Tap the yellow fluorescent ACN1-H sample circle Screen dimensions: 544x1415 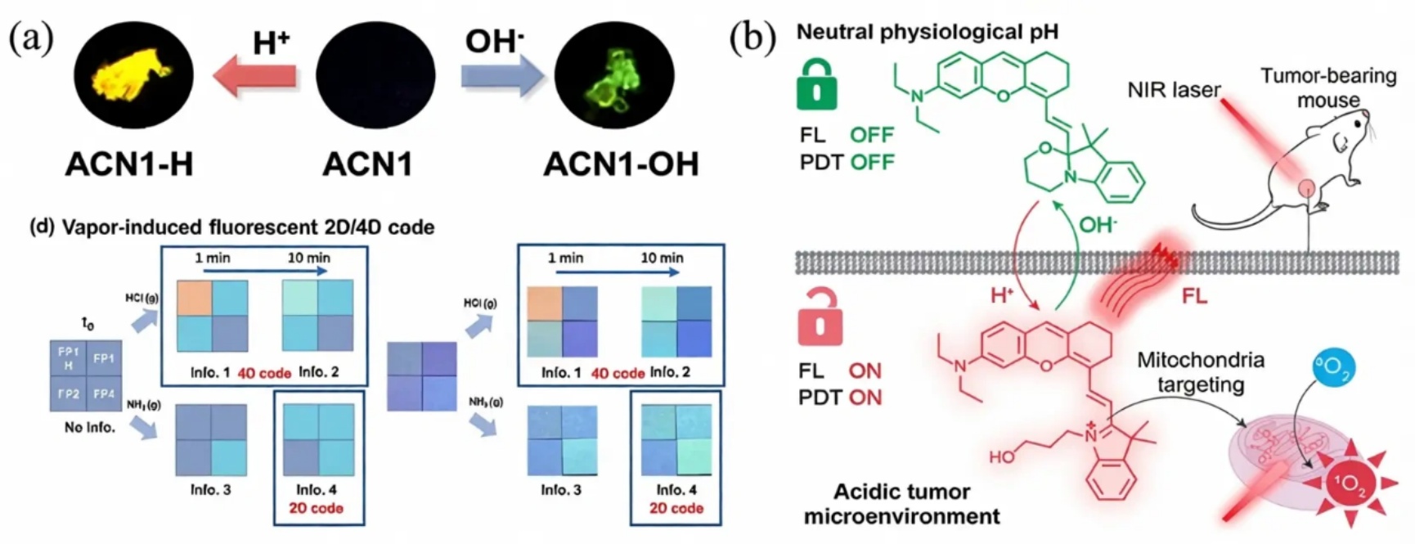pos(134,76)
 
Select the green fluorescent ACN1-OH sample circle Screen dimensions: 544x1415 pos(614,76)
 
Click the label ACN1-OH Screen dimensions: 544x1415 pos(621,164)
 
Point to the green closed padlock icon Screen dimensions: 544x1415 pos(816,85)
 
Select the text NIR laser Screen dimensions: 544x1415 pos(1174,90)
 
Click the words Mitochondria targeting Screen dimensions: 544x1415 pos(1201,372)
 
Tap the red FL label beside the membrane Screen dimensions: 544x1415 pos(1194,295)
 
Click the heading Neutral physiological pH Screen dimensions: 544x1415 pos(928,32)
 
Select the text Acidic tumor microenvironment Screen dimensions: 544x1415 pos(901,504)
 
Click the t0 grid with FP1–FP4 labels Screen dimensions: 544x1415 pos(86,375)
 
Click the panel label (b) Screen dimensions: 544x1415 pos(752,37)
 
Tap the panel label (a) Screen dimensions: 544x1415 pos(31,37)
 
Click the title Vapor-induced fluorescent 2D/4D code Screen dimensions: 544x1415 pos(232,227)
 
